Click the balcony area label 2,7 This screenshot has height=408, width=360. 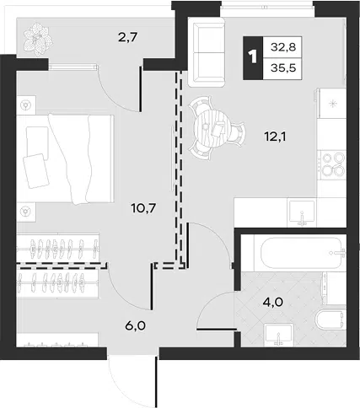point(127,37)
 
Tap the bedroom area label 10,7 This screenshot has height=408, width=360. point(143,208)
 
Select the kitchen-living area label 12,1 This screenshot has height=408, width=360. point(275,137)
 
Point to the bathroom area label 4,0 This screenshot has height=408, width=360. point(272,303)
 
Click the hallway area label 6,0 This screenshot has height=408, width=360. point(136,326)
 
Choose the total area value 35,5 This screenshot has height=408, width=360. point(283,68)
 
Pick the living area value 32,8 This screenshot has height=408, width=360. point(283,47)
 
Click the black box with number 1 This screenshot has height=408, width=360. point(253,57)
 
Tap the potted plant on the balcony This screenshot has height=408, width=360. point(38,39)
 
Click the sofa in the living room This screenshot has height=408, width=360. point(207,52)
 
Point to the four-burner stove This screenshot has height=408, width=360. point(332,164)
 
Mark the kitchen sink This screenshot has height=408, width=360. point(302,213)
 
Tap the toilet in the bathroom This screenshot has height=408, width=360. point(330,319)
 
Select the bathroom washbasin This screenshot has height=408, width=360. point(279,335)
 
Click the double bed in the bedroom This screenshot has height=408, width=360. point(65,158)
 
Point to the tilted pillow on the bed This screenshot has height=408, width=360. point(36,170)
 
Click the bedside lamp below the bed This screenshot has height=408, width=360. point(26,211)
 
